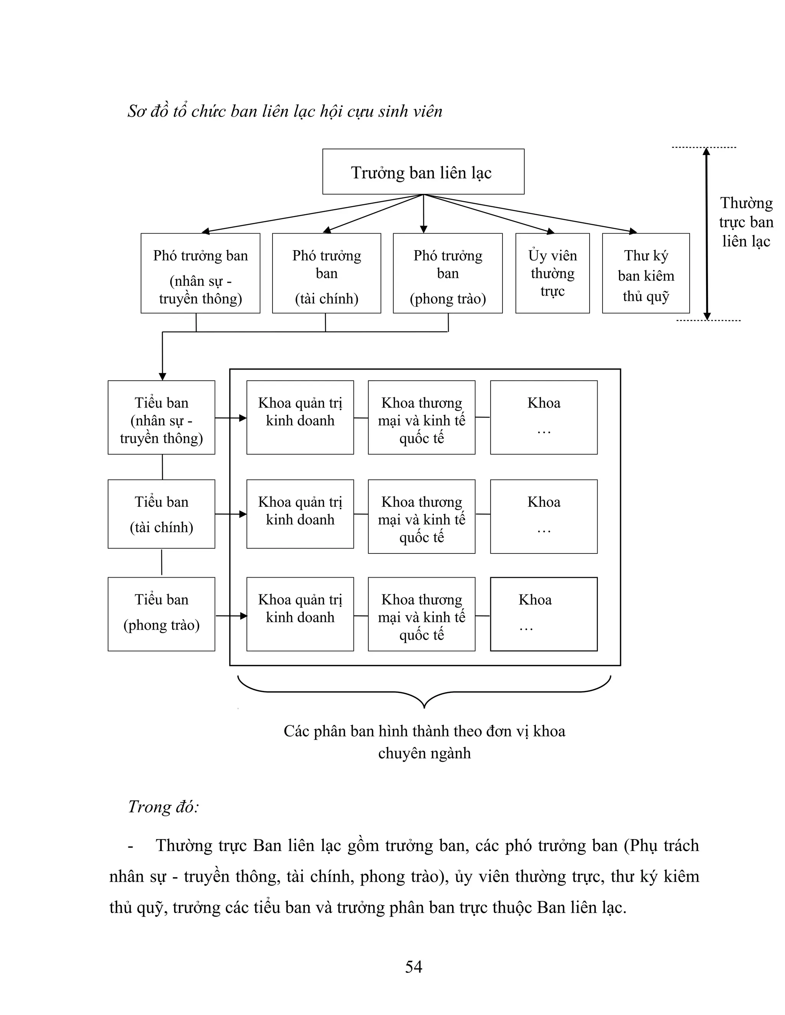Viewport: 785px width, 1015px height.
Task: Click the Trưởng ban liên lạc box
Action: (x=423, y=172)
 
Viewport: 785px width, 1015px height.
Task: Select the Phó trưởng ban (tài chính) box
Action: (x=327, y=273)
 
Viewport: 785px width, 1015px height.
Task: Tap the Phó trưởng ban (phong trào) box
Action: (x=447, y=273)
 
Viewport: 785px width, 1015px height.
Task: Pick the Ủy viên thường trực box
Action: (x=552, y=273)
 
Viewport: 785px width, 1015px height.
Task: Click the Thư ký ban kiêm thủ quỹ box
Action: (x=645, y=273)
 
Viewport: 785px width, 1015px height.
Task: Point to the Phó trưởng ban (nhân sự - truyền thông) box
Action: (x=200, y=273)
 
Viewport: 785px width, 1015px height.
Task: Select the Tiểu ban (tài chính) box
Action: (x=161, y=514)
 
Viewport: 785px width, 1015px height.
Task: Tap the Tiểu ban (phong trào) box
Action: (x=161, y=614)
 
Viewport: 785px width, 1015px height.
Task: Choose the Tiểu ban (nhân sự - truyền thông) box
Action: (x=161, y=417)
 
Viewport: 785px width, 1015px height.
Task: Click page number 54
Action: (x=414, y=967)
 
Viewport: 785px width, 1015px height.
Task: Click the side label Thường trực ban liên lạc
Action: (x=746, y=222)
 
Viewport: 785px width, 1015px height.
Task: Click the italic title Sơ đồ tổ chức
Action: (x=285, y=111)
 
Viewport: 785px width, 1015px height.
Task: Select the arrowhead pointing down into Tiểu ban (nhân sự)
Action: (x=162, y=376)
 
